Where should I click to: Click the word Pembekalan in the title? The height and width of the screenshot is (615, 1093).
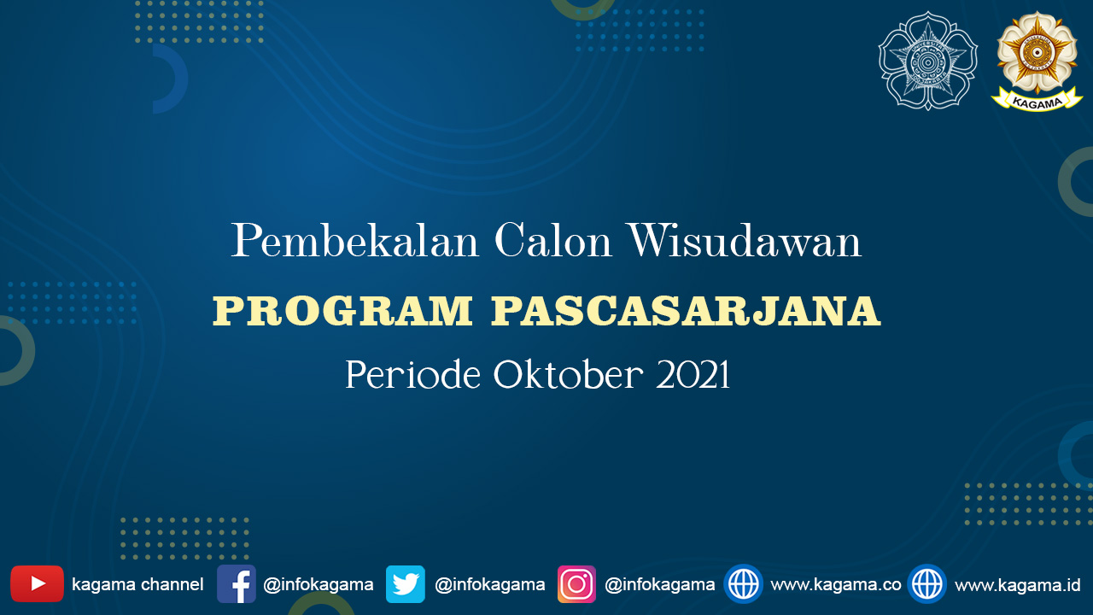tap(354, 240)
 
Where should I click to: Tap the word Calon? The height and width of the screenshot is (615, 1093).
tap(552, 240)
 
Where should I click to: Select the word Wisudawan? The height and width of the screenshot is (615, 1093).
tap(745, 240)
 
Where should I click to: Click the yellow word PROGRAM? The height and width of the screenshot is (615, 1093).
tap(343, 311)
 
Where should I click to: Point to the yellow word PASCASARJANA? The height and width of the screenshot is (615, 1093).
tap(686, 311)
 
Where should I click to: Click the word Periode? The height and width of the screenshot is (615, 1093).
tap(412, 374)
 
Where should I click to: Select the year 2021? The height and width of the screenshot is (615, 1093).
tap(693, 374)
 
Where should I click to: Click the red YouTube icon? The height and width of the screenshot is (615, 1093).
tap(37, 583)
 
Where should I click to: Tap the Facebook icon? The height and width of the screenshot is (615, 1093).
tap(237, 583)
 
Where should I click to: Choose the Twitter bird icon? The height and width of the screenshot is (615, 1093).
tap(405, 583)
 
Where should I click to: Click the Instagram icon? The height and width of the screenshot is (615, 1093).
tap(576, 583)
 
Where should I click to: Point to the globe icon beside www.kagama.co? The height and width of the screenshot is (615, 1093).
tap(743, 583)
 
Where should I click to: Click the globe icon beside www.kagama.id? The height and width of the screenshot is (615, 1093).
tap(927, 583)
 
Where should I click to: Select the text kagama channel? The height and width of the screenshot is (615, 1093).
tap(137, 585)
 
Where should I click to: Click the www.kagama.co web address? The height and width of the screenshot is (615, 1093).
tap(836, 585)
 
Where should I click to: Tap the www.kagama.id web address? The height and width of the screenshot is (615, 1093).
tap(1018, 585)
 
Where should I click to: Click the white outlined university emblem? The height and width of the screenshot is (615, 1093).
tap(927, 61)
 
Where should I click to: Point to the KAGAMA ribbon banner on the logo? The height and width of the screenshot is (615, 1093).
tap(1037, 101)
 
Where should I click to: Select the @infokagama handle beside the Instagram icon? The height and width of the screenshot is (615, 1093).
tap(660, 585)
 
